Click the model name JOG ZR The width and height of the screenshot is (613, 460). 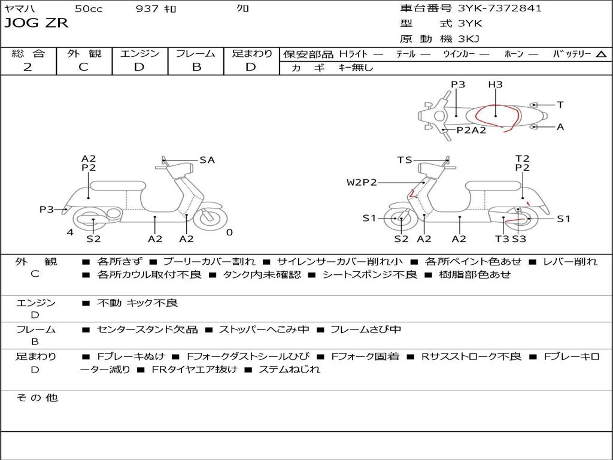pyautogui.click(x=37, y=23)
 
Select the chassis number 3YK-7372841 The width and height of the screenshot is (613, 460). pyautogui.click(x=500, y=8)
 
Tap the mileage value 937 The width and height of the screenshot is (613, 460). pyautogui.click(x=147, y=9)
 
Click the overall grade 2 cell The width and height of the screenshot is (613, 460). pyautogui.click(x=28, y=67)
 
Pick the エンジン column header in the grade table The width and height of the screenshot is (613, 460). pyautogui.click(x=139, y=53)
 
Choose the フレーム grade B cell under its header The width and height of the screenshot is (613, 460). pyautogui.click(x=196, y=67)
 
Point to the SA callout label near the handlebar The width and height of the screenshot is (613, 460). pyautogui.click(x=207, y=160)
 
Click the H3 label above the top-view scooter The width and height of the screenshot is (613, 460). pyautogui.click(x=495, y=85)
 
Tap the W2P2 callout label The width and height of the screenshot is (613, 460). pyautogui.click(x=362, y=182)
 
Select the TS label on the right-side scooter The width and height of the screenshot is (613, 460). pyautogui.click(x=405, y=160)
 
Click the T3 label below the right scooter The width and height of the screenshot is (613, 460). pyautogui.click(x=502, y=239)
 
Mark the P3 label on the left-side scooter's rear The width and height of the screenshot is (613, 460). pyautogui.click(x=47, y=209)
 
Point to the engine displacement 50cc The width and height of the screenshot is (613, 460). pyautogui.click(x=89, y=9)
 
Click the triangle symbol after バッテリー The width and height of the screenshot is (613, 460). pyautogui.click(x=602, y=55)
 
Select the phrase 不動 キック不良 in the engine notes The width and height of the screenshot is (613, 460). pyautogui.click(x=138, y=303)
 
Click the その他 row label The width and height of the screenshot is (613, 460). pyautogui.click(x=37, y=398)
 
